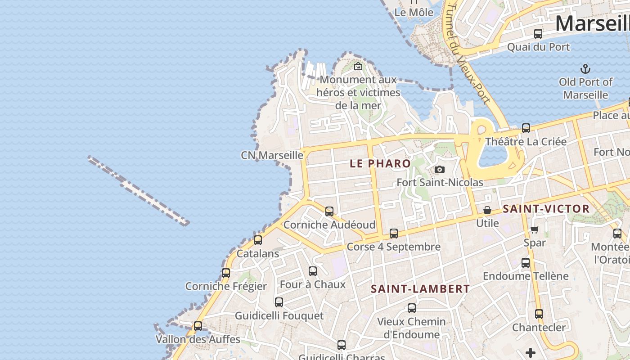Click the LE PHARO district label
tap(380, 163)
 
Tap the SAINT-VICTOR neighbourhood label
tap(546, 209)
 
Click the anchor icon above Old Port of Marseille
tap(585, 69)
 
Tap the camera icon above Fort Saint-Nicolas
tap(440, 170)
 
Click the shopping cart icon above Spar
tap(535, 230)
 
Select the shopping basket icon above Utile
tap(487, 210)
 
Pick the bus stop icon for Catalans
tap(258, 240)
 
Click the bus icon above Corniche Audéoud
tap(329, 211)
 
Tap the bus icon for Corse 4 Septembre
tap(394, 234)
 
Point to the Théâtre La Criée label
tap(526, 141)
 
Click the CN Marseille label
tap(272, 155)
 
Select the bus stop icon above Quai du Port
tap(538, 34)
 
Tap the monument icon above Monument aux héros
tap(358, 67)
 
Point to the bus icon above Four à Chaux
tap(313, 271)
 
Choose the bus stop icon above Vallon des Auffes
tap(198, 326)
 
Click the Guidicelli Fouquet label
tap(279, 315)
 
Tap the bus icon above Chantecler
tap(539, 314)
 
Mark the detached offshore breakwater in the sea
tap(139, 190)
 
